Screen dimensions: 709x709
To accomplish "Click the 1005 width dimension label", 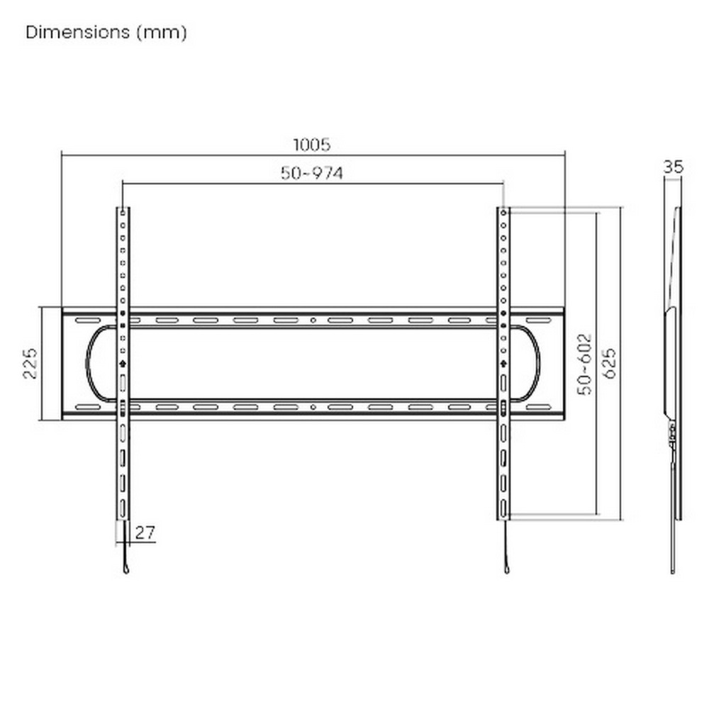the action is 311,145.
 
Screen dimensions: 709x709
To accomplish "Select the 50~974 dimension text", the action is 311,173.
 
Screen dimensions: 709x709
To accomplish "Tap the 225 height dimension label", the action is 30,363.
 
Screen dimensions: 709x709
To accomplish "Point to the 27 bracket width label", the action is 145,532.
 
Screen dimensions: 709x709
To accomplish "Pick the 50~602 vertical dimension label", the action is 585,364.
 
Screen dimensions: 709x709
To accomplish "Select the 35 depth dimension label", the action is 674,167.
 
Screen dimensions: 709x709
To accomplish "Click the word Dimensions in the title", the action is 78,33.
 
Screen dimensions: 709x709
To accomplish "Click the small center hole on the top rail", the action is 313,320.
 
